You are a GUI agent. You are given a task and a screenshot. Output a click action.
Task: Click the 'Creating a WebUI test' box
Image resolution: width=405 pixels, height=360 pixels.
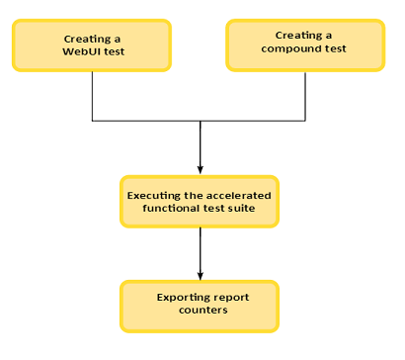[x=91, y=44]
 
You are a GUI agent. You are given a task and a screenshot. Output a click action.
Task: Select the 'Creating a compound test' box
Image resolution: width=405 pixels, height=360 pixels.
[x=305, y=43]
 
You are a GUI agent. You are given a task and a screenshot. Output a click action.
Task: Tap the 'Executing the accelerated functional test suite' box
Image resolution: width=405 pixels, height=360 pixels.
[x=200, y=201]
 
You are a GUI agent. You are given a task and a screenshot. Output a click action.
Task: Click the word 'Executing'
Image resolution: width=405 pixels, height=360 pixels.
[x=156, y=195]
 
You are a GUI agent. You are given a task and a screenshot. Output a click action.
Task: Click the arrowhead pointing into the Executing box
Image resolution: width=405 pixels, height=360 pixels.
[x=201, y=169]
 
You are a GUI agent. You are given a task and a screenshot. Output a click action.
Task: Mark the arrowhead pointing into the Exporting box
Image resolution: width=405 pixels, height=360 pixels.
[x=201, y=274]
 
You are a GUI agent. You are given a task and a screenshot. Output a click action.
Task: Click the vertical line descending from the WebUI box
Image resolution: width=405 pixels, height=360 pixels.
[x=92, y=95]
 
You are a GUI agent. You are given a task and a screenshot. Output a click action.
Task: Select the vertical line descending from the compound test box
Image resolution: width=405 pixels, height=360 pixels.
[x=305, y=95]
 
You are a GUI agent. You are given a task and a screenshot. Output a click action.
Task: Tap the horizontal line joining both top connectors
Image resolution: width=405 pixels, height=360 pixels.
[x=148, y=121]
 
